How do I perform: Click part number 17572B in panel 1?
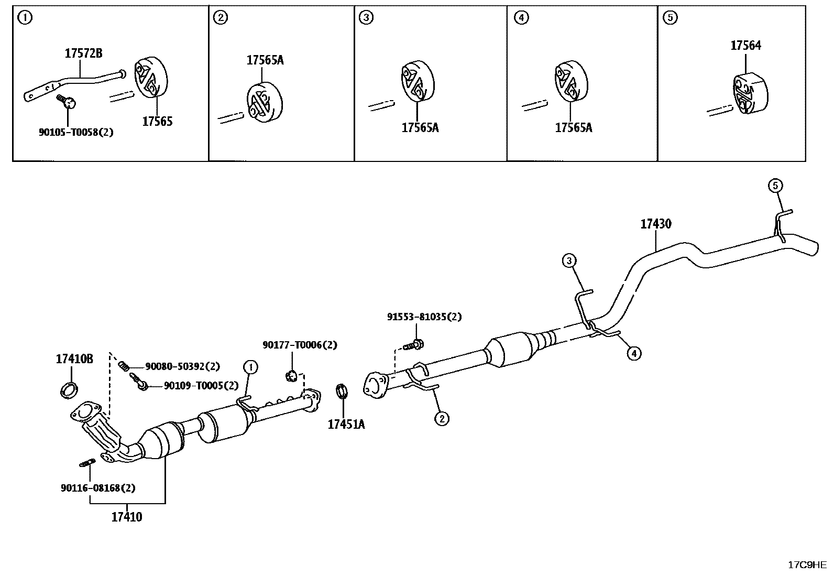tap(83, 53)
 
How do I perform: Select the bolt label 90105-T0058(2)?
tap(76, 132)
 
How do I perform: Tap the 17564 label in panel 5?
tap(745, 46)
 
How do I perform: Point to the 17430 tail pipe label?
tap(655, 224)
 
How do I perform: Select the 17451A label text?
tap(346, 424)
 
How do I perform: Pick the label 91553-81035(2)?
tap(424, 317)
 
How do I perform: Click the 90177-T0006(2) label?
tap(300, 345)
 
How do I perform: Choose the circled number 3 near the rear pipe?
tap(569, 260)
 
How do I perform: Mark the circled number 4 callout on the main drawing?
tap(634, 353)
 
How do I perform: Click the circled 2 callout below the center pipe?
tap(442, 418)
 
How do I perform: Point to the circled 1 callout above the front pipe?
tap(250, 367)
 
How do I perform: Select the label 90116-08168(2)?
tap(98, 487)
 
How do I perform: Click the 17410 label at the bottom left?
tap(127, 517)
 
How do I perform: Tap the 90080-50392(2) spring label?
tap(182, 366)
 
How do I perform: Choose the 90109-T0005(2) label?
tap(201, 385)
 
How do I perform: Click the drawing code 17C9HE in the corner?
tap(807, 564)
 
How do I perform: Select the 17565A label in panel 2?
tap(265, 60)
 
